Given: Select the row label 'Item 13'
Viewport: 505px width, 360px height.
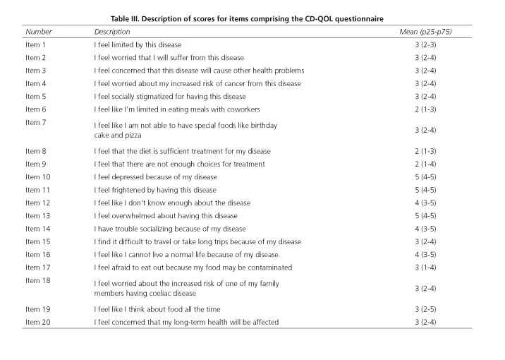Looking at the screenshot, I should (38, 215).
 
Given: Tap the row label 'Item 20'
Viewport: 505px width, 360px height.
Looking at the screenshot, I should (38, 322).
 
